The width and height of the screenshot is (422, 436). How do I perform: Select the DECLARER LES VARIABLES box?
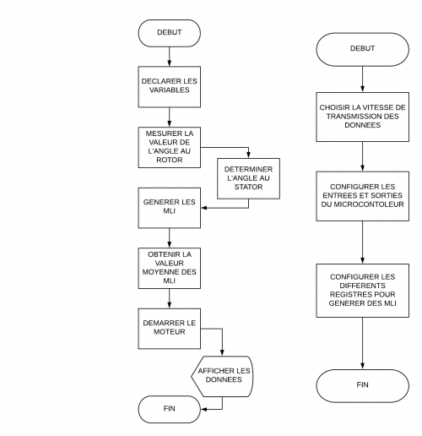170,88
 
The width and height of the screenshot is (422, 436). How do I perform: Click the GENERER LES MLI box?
170,207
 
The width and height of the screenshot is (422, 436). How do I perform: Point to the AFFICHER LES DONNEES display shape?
223,375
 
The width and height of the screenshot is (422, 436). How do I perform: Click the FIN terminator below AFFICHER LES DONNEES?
170,409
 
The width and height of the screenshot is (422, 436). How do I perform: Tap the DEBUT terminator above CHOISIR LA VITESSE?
362,49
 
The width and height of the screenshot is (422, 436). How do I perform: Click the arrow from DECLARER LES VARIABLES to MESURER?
170,116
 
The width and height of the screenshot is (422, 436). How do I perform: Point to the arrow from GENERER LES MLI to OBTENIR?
170,236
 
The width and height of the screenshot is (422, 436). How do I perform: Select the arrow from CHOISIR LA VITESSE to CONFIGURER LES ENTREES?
362,157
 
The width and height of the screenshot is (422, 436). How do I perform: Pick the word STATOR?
249,188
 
